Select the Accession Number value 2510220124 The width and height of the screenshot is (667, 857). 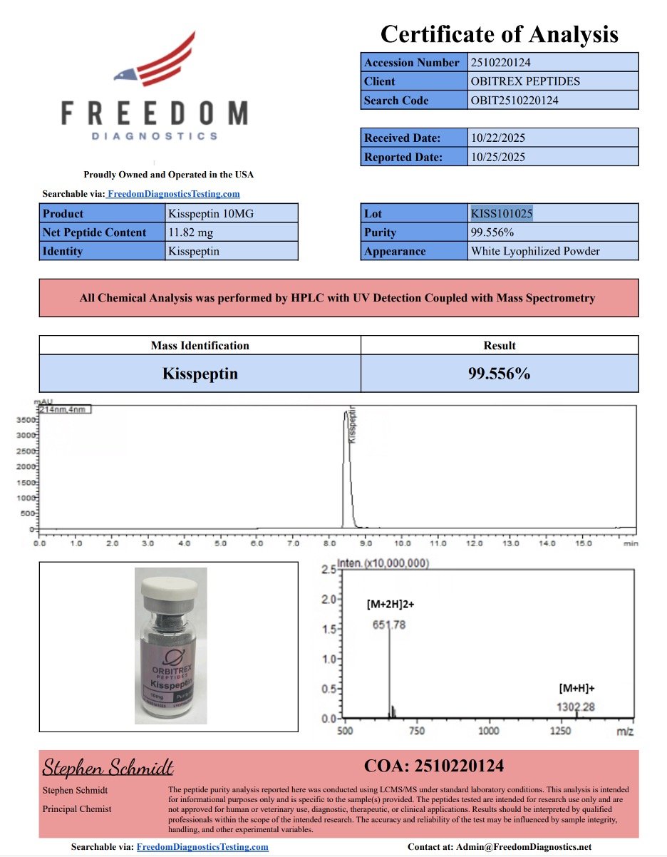pos(500,63)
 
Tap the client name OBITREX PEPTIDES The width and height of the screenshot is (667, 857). pos(525,81)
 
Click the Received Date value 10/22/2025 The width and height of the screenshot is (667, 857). pos(497,138)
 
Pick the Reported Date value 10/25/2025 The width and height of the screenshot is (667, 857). pos(497,157)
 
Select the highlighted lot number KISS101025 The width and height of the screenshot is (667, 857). pos(502,213)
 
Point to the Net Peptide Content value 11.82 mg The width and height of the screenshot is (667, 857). pos(190,232)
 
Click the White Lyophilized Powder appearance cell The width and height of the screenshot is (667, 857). pos(535,251)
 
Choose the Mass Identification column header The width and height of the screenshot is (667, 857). pos(200,346)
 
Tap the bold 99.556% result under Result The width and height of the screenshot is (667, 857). pos(499,374)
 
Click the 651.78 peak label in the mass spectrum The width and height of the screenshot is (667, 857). pos(389,625)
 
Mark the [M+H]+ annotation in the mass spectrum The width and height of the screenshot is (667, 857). pos(576,689)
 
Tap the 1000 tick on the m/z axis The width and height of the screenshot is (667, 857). pos(488,732)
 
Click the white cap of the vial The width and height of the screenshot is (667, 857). pos(170,588)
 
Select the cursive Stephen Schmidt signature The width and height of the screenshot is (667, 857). pos(108,767)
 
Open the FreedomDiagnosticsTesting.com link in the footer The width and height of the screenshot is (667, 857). pos(202,847)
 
